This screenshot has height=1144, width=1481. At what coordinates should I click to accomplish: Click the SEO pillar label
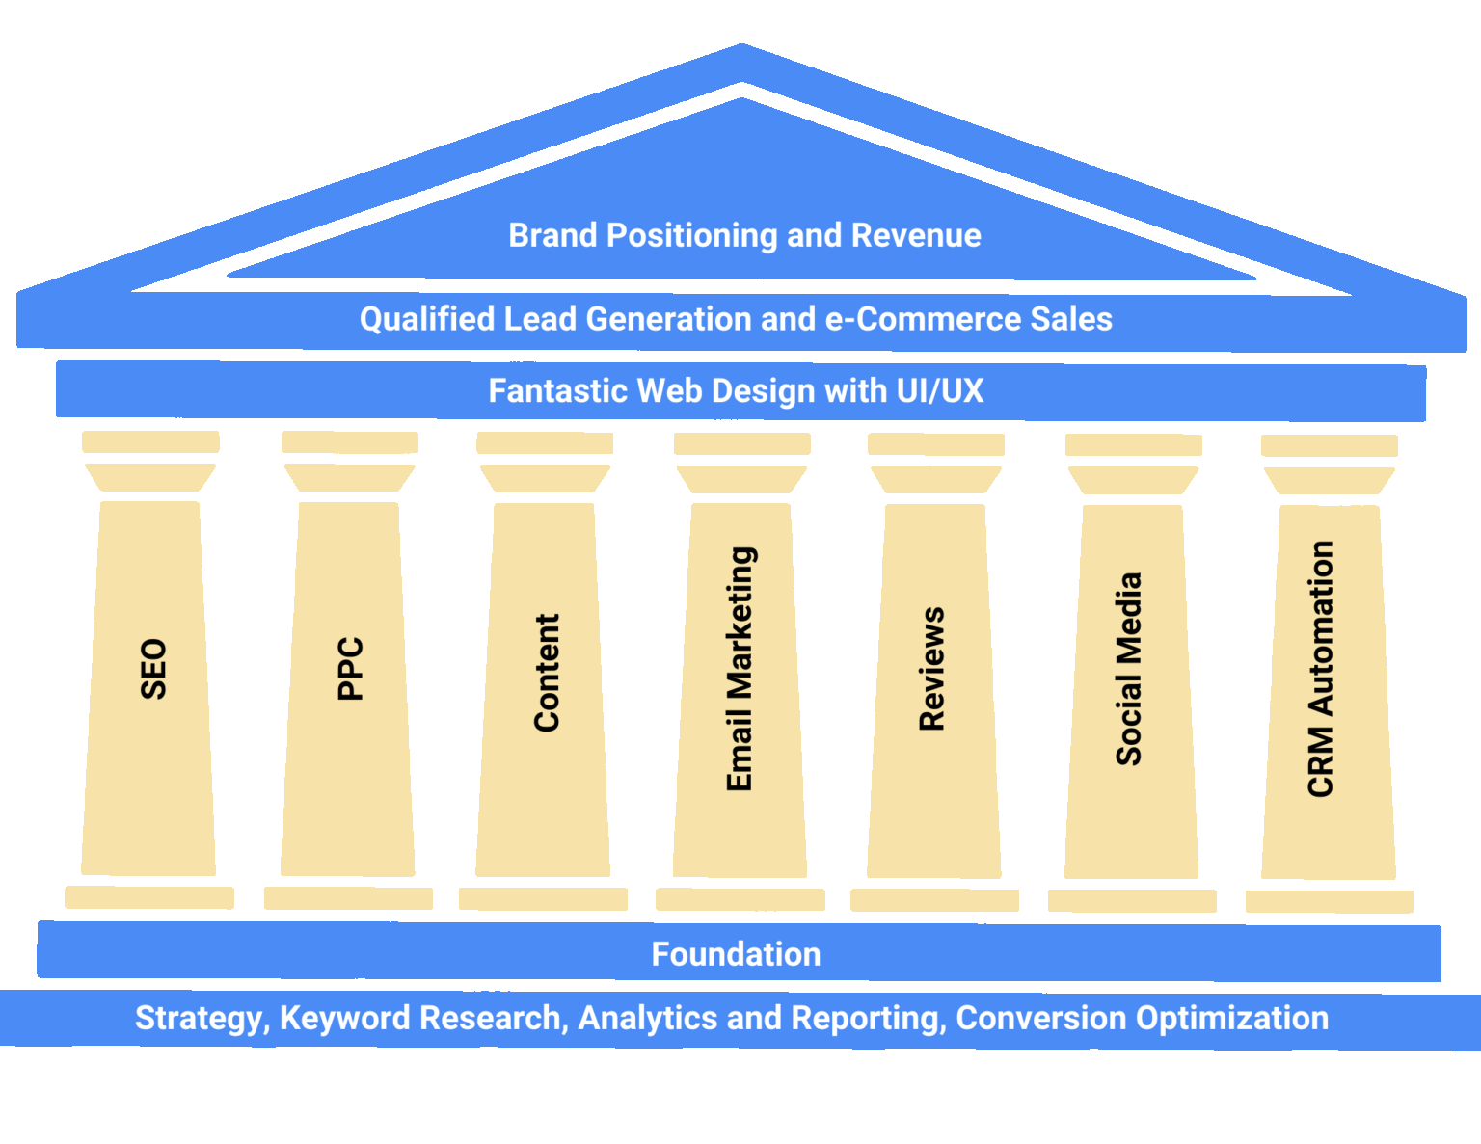pyautogui.click(x=153, y=668)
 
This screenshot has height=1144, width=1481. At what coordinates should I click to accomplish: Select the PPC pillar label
pyautogui.click(x=350, y=668)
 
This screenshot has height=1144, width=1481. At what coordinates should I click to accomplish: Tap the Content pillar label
pyautogui.click(x=547, y=673)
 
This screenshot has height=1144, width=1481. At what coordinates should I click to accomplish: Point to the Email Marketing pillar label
pyautogui.click(x=740, y=669)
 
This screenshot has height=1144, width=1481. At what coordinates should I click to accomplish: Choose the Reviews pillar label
pyautogui.click(x=932, y=669)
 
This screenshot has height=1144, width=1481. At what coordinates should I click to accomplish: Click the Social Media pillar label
pyautogui.click(x=1128, y=670)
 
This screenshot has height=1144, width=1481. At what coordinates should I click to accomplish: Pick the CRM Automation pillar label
pyautogui.click(x=1321, y=669)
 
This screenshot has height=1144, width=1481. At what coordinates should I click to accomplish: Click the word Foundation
pyautogui.click(x=736, y=954)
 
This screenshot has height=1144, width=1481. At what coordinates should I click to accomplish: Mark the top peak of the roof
pyautogui.click(x=741, y=46)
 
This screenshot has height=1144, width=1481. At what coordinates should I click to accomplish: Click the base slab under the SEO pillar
pyautogui.click(x=149, y=897)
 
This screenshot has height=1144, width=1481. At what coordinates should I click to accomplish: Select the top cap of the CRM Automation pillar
pyautogui.click(x=1329, y=445)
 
